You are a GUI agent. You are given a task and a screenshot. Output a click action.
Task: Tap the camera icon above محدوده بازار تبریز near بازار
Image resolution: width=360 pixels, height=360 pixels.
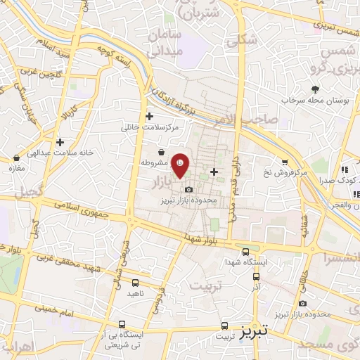tap(188, 190)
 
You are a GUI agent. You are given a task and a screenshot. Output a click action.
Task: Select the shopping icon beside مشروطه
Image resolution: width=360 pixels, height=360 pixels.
tap(162, 152)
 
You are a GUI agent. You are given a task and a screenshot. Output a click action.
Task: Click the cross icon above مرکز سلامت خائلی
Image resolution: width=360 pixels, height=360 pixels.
tap(148, 116)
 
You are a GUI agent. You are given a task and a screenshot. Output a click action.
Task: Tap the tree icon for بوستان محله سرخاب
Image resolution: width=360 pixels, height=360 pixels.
tap(316, 89)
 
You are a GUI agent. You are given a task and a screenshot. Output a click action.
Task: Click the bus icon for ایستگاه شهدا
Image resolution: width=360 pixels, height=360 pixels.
tap(245, 252)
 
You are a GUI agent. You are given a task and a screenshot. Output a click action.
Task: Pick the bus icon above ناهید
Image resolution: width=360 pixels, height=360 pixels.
tap(135, 283)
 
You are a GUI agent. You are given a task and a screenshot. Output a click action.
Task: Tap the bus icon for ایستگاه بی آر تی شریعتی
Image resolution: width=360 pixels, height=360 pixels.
tap(122, 325)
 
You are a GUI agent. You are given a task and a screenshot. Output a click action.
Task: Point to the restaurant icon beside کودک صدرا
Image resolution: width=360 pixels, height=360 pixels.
tap(345, 169)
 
